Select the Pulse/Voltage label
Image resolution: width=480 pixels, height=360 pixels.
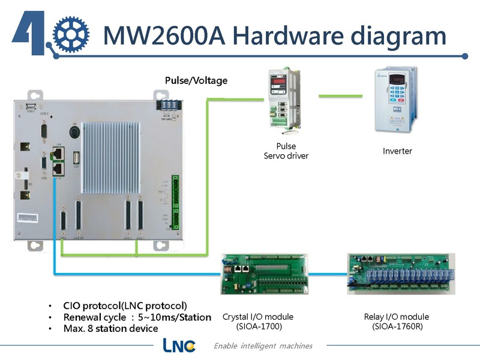[x=196, y=80]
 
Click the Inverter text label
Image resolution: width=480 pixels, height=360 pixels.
[x=397, y=151]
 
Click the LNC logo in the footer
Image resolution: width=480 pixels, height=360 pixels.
[x=179, y=346]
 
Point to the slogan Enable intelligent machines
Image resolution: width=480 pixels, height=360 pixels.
[x=263, y=346]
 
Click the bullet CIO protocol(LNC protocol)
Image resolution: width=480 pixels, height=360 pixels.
[x=125, y=305]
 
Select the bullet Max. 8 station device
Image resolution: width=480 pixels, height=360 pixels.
[x=110, y=329]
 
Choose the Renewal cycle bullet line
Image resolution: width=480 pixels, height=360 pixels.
[x=137, y=317]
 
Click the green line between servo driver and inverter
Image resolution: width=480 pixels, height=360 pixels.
[x=341, y=95]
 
